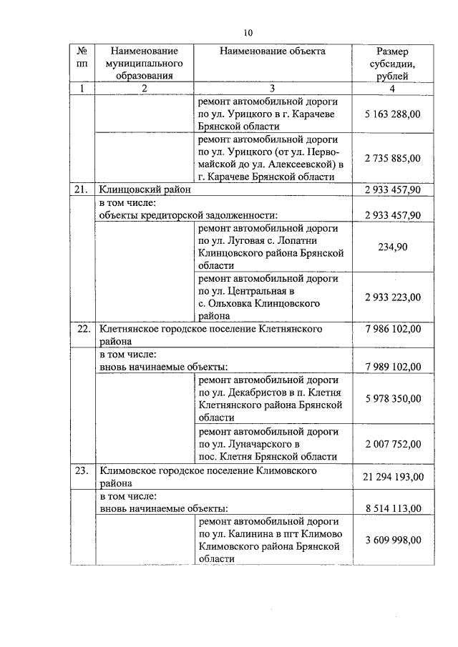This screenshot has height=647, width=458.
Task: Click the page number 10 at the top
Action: point(248,32)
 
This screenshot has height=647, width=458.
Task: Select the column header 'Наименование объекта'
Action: point(273,51)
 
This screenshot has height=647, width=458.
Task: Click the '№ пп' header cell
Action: point(82,57)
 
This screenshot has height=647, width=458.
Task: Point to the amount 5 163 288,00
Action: point(392,114)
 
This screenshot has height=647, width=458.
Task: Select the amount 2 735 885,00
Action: point(392,158)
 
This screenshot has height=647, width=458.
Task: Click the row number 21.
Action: point(82,190)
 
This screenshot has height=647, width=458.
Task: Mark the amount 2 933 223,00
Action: point(392,297)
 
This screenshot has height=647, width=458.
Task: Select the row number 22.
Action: point(82,329)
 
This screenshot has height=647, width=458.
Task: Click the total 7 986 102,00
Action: point(392,329)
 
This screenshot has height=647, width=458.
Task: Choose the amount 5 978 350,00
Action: point(392,398)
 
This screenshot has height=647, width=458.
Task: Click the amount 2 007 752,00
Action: point(392,444)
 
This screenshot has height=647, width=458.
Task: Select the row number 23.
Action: point(82,470)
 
